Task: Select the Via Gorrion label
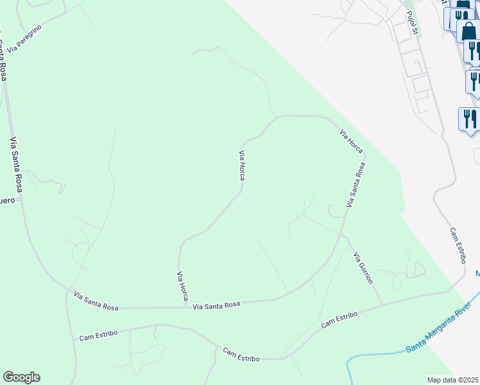pyautogui.click(x=363, y=268)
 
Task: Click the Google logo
pyautogui.click(x=21, y=377)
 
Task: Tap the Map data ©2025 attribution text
pyautogui.click(x=453, y=380)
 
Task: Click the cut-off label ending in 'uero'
pyautogui.click(x=7, y=200)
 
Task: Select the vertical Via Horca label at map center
pyautogui.click(x=242, y=165)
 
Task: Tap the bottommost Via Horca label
pyautogui.click(x=182, y=286)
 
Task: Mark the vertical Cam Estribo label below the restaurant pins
pyautogui.click(x=457, y=245)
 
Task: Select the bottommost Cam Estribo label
pyautogui.click(x=241, y=354)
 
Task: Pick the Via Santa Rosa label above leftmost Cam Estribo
pyautogui.click(x=96, y=302)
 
